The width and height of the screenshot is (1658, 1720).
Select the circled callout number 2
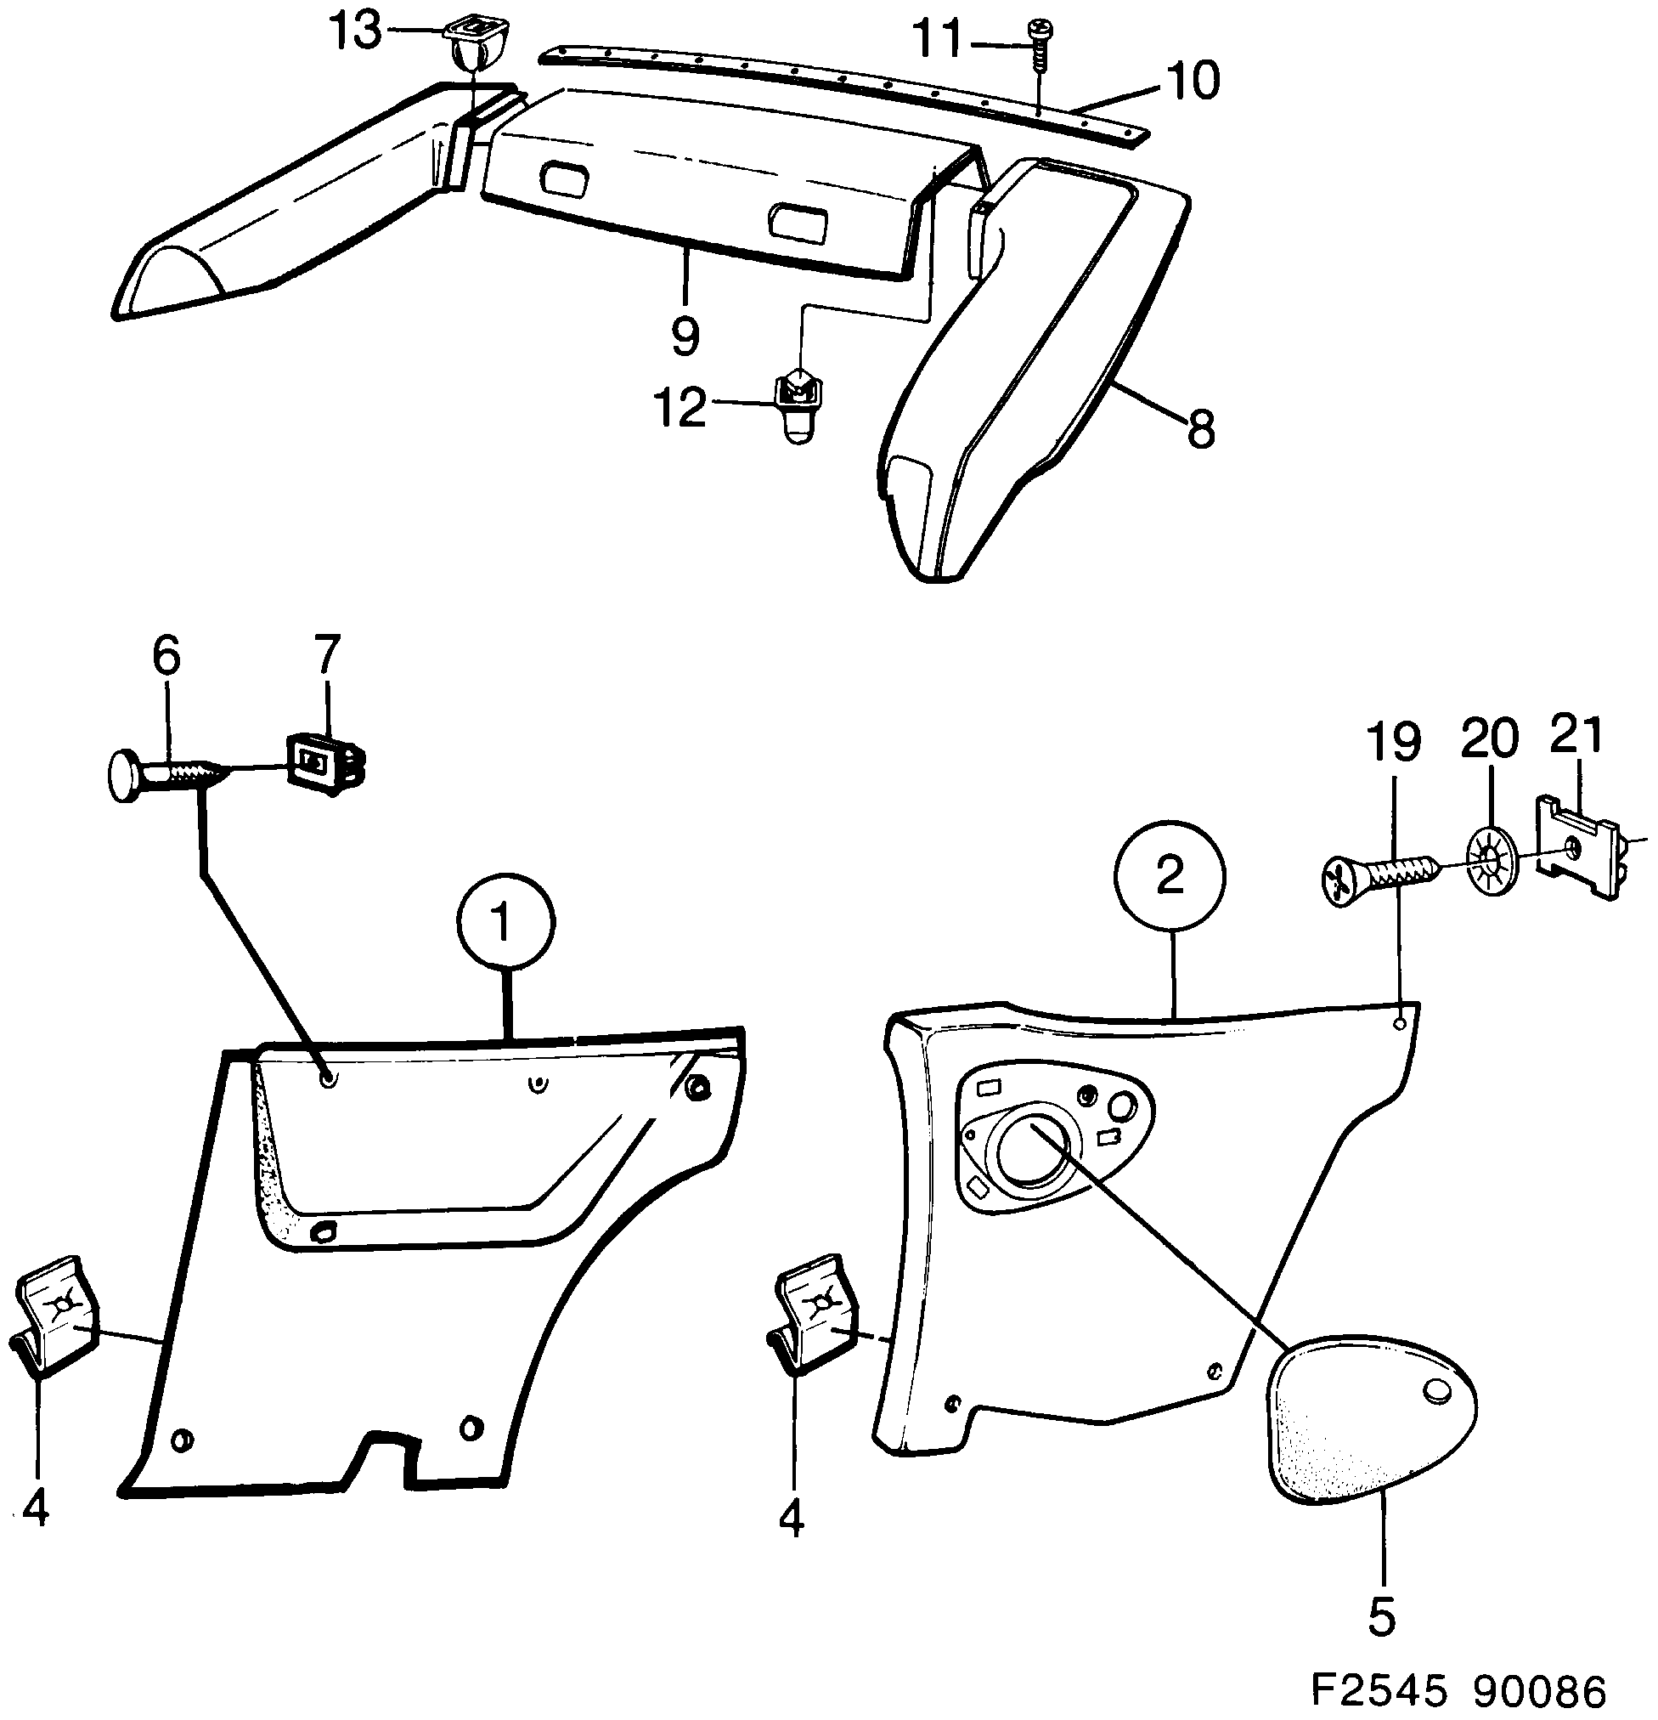(x=1170, y=876)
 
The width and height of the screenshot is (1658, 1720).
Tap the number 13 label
(x=355, y=32)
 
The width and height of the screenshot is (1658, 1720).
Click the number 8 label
(x=1200, y=430)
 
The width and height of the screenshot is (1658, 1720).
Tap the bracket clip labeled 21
(x=1577, y=846)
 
